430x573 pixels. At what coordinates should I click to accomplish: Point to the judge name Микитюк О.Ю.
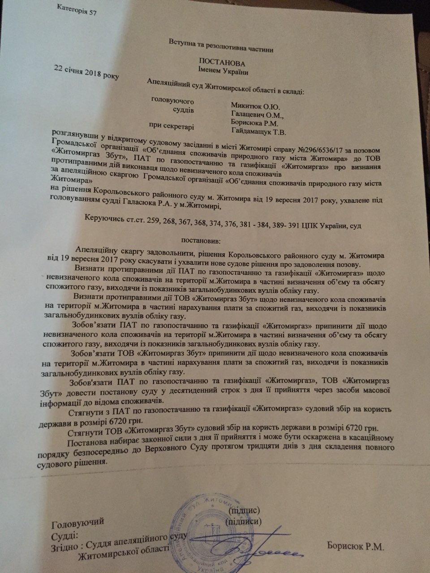[x=252, y=106]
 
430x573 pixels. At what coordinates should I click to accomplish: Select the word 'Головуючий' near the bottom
[x=78, y=522]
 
